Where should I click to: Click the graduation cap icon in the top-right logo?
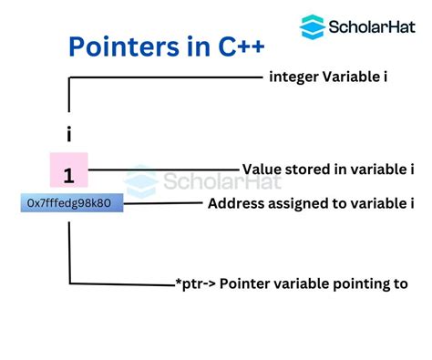click(x=313, y=26)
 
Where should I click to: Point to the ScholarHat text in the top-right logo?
click(x=369, y=26)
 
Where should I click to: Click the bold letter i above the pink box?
click(x=69, y=134)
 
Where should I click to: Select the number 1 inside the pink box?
click(x=69, y=174)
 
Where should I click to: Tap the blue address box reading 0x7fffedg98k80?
click(x=71, y=202)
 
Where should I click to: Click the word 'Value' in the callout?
click(x=262, y=169)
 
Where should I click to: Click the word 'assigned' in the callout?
click(x=299, y=202)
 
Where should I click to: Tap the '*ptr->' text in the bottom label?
click(x=197, y=283)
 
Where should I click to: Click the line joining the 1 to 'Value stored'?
click(x=164, y=169)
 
